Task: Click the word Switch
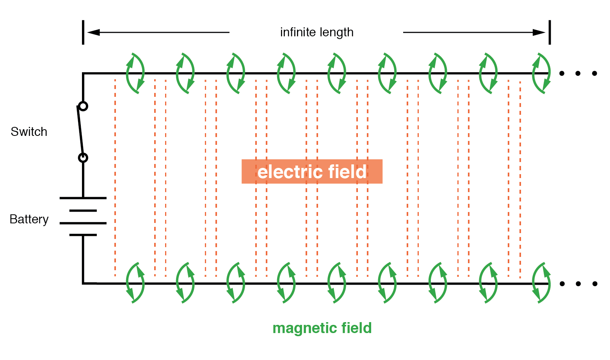tap(29, 132)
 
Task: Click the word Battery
tap(29, 219)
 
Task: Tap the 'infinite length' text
tap(317, 32)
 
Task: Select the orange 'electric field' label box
tap(311, 171)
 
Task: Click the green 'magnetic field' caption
tap(322, 328)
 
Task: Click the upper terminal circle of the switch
tap(83, 106)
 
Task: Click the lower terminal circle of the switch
tap(83, 158)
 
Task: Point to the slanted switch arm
tap(81, 132)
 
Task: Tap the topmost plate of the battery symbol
tap(83, 198)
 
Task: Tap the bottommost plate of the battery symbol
tap(83, 235)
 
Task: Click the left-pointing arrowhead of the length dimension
tap(93, 32)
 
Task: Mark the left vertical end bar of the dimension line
tap(83, 32)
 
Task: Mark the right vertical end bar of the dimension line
tap(550, 32)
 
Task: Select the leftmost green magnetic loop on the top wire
tap(135, 73)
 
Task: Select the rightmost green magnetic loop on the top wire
tap(541, 73)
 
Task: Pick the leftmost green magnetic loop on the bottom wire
tap(135, 283)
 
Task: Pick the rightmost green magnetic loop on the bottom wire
tap(541, 283)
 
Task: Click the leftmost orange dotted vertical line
tap(115, 176)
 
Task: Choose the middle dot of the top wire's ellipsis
tap(578, 73)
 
